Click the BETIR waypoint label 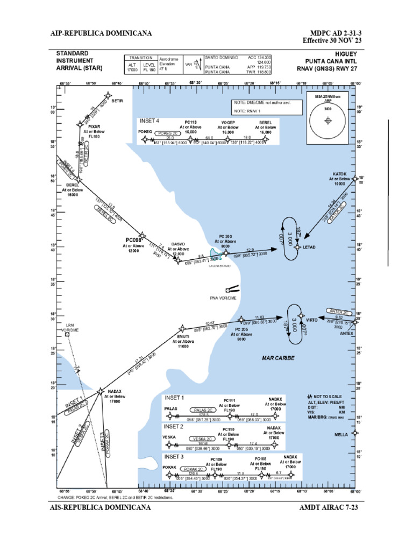117,101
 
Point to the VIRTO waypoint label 312,320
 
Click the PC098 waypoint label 133,239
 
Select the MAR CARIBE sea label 279,357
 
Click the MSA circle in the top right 327,122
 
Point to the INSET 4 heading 149,121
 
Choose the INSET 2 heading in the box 174,426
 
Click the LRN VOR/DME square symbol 67,334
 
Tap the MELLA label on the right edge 341,434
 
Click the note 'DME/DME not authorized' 261,102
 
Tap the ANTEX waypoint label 347,334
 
